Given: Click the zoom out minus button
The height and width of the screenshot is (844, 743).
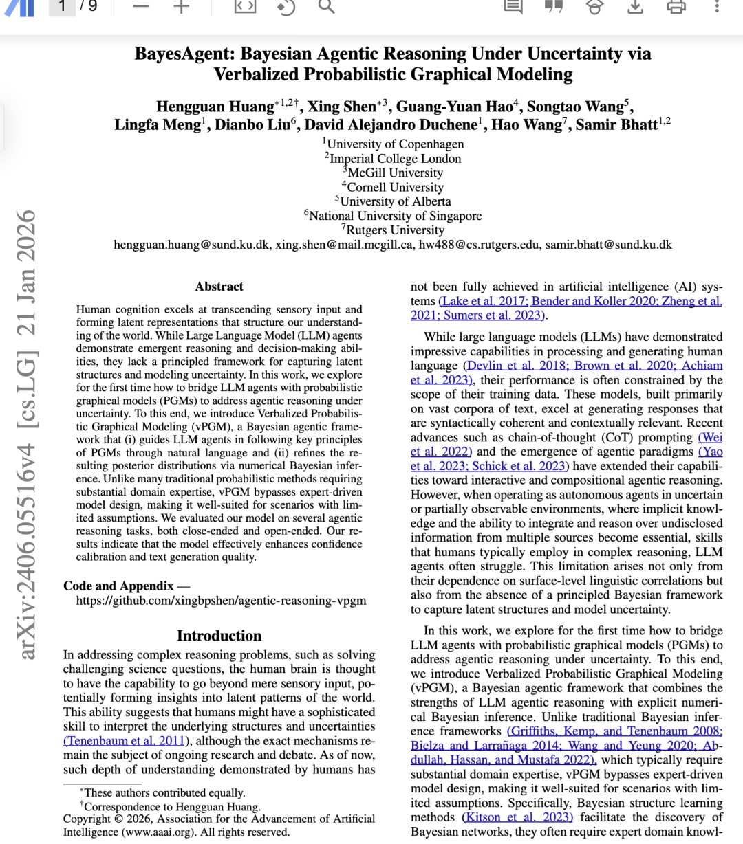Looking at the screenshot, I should click(x=140, y=6).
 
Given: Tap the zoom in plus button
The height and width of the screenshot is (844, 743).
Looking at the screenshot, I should click(x=181, y=6).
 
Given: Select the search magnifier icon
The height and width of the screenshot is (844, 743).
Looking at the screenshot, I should click(x=326, y=6).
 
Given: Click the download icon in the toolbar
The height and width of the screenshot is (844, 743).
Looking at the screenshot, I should click(x=636, y=6).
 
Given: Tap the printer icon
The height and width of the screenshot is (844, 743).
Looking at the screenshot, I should click(x=676, y=6).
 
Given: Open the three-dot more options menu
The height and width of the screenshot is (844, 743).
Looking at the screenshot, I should click(x=717, y=6).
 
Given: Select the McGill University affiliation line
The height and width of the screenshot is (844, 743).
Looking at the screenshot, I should click(x=394, y=173).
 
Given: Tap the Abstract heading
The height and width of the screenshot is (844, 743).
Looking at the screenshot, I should click(x=219, y=287).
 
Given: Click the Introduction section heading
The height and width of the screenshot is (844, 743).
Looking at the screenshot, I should click(x=219, y=636).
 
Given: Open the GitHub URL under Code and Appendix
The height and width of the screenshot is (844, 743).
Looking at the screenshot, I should click(x=221, y=601).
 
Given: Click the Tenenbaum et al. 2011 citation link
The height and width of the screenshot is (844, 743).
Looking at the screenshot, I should click(x=125, y=741).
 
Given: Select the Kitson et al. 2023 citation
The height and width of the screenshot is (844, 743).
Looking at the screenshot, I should click(x=518, y=817).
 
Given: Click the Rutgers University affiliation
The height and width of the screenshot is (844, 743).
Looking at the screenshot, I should click(x=394, y=230).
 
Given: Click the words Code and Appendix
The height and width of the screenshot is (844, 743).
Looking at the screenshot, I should click(x=118, y=586).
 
